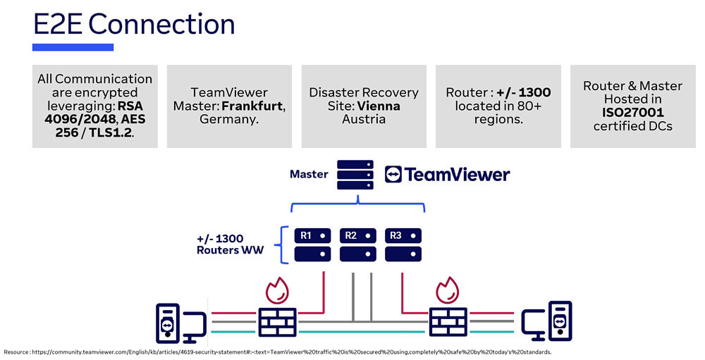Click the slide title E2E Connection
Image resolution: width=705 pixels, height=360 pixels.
coord(134,25)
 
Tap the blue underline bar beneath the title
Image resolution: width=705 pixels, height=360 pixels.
coord(73,47)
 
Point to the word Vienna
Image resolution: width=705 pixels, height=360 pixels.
coord(379,106)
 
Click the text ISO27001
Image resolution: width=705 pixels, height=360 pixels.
coord(633,113)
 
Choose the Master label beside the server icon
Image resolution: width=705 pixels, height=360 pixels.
coord(309,174)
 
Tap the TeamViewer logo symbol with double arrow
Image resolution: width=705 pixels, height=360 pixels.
coord(393,175)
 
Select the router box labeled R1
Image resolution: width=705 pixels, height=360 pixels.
coord(313,244)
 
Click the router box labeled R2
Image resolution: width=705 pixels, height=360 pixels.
coord(358,244)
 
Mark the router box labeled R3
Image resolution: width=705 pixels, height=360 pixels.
coord(403,244)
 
